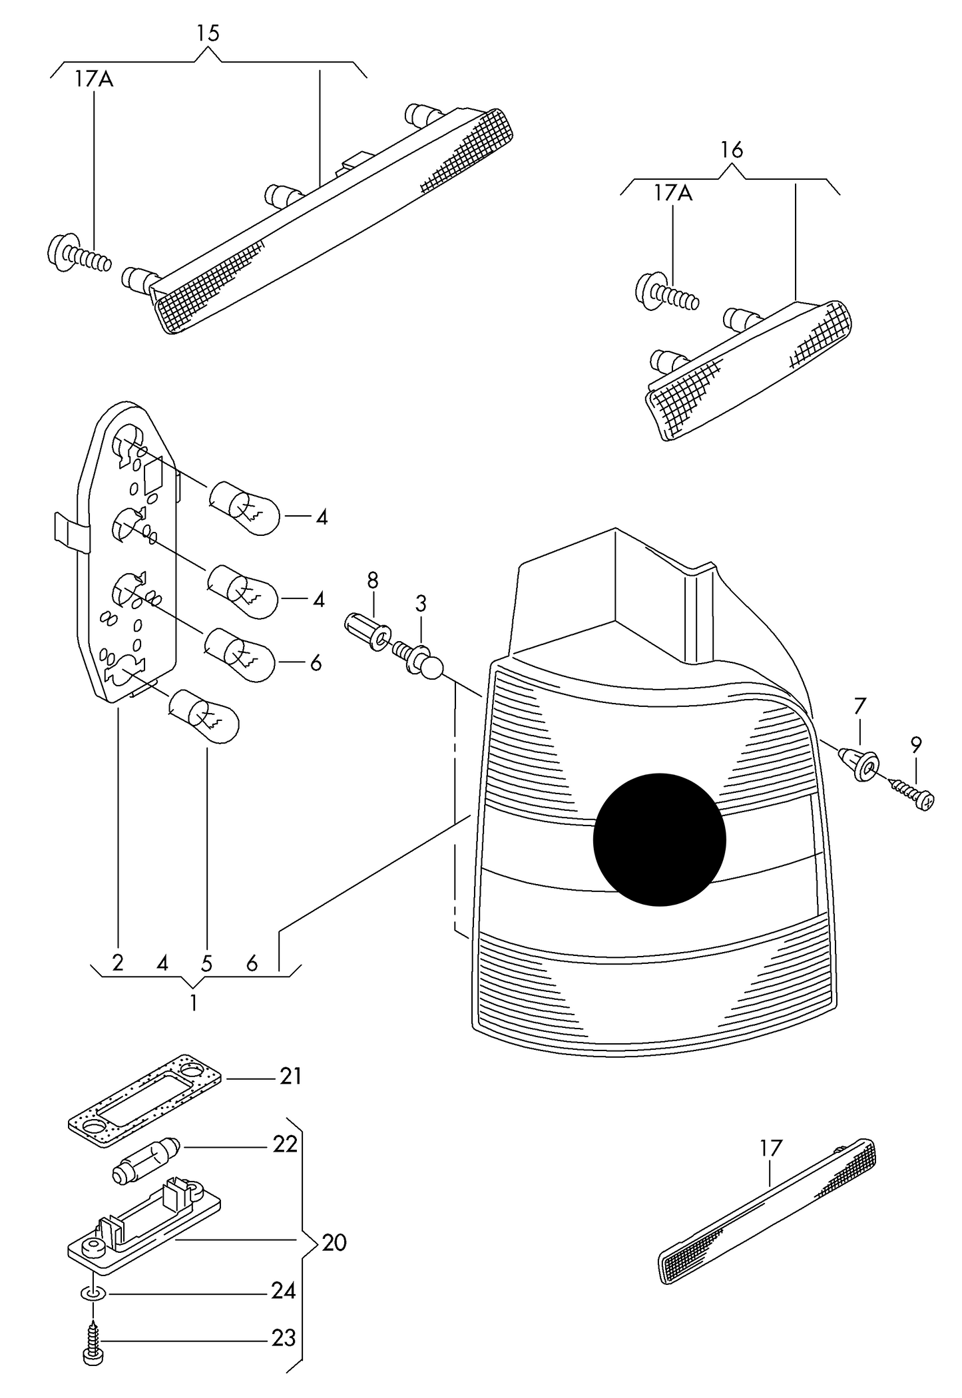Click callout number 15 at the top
[x=208, y=33]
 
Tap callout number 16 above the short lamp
[x=731, y=150]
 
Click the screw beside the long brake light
[x=79, y=255]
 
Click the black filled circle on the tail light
[x=659, y=839]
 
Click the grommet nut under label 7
[x=860, y=765]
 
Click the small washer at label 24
[x=93, y=1292]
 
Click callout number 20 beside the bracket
[x=334, y=1242]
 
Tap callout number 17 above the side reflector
[x=770, y=1148]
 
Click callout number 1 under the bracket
[x=194, y=1003]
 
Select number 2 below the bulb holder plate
[x=118, y=963]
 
